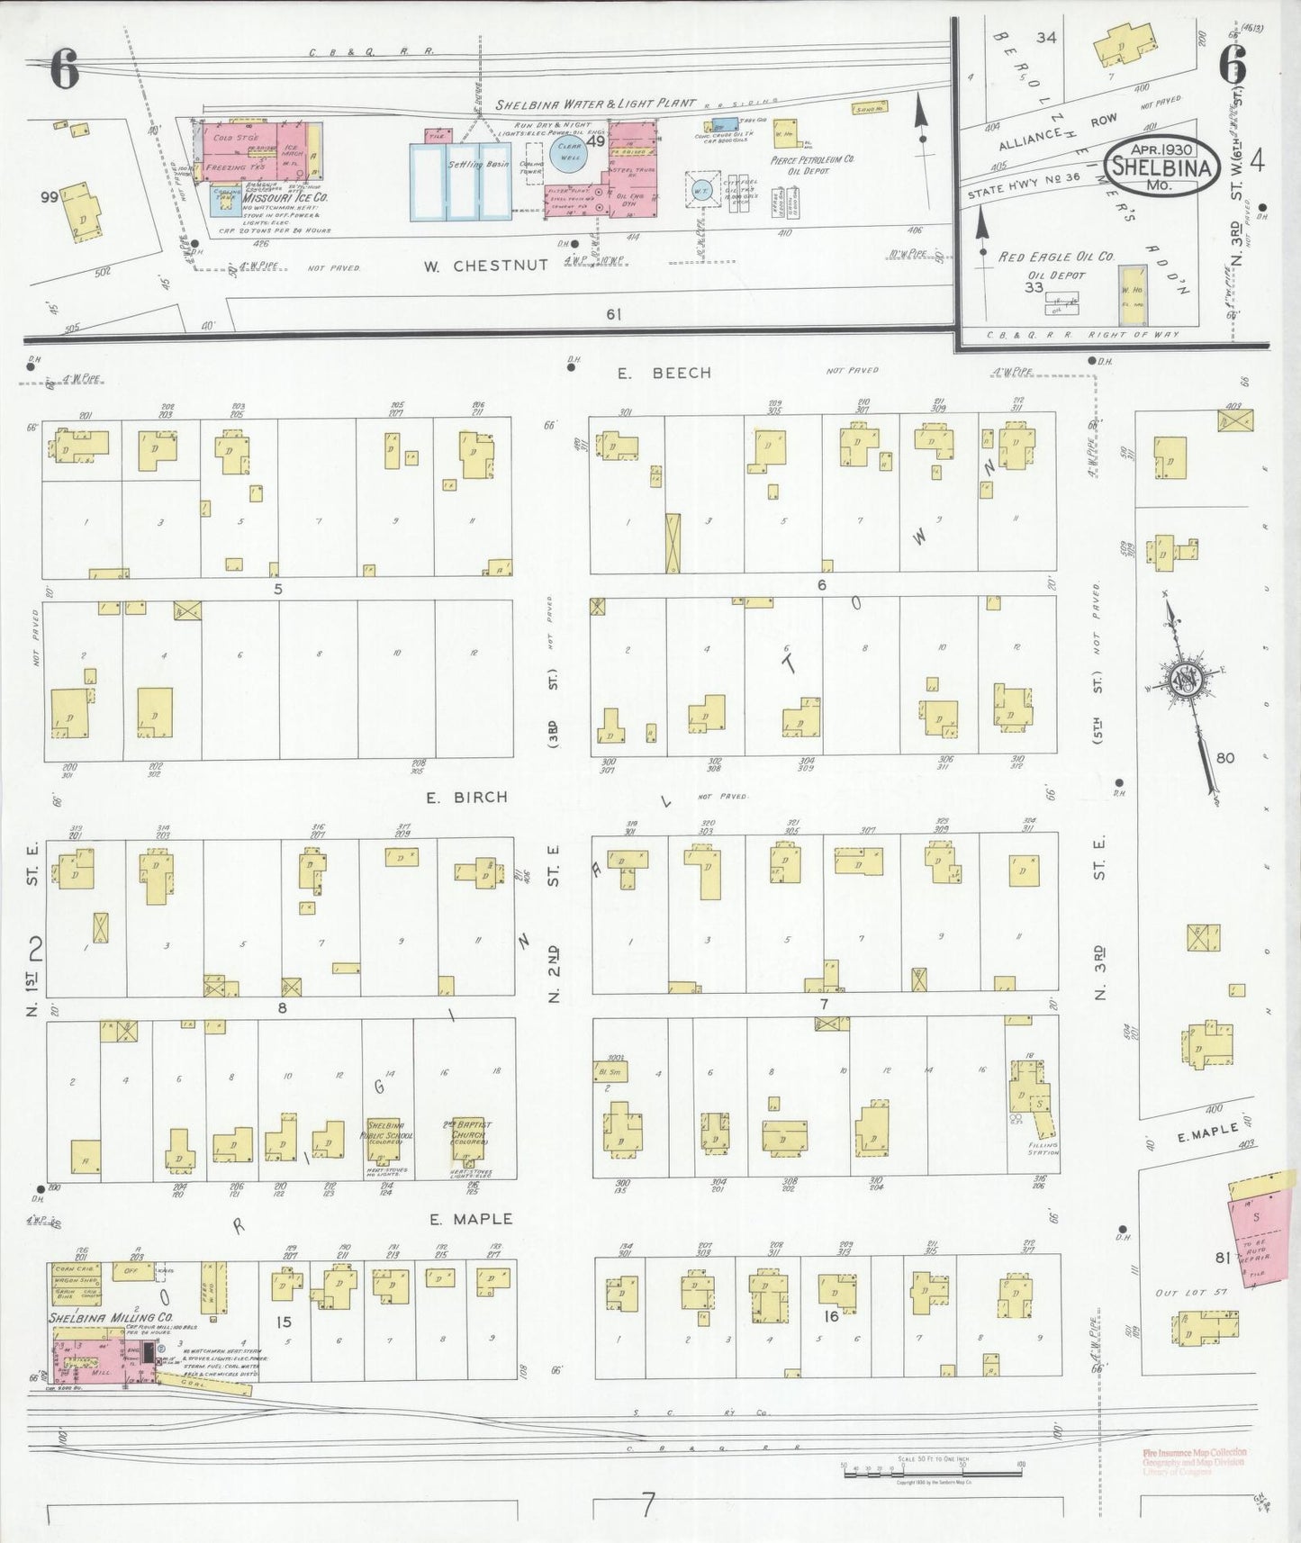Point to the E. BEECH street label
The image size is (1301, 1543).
tap(664, 373)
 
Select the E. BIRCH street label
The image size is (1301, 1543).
tap(467, 797)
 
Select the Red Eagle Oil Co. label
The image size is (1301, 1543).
tap(1055, 257)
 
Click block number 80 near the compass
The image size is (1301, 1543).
tap(1224, 757)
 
